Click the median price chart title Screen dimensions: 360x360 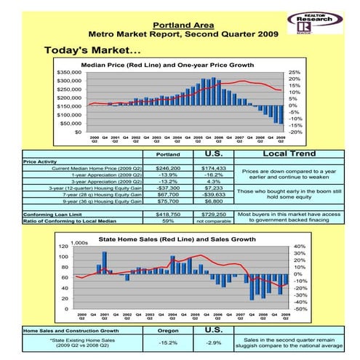tap(167, 65)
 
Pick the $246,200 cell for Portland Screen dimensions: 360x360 tap(169, 168)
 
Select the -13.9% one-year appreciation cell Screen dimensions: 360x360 tap(169, 175)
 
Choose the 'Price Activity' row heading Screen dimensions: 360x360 tap(41, 161)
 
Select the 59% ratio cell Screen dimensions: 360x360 tap(169, 222)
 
